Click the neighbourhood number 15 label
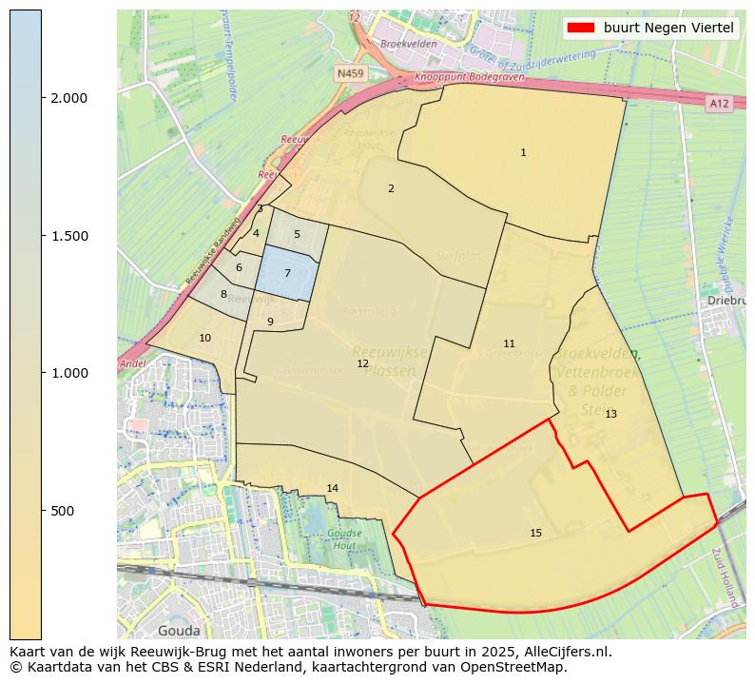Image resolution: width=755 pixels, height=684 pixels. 535,533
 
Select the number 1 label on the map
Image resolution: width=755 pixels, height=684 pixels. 523,152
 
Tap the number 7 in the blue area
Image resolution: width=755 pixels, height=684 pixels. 287,273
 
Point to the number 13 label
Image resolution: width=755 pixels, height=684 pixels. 610,414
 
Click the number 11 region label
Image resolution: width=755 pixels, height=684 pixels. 509,343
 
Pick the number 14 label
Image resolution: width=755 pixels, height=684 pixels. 332,488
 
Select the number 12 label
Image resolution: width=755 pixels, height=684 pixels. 362,363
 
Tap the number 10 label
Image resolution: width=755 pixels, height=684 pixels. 204,338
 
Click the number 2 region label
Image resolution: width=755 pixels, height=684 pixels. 391,188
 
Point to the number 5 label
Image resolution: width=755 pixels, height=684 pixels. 297,234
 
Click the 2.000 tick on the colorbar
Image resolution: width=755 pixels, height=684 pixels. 68,98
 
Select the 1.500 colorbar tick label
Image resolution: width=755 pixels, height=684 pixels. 68,236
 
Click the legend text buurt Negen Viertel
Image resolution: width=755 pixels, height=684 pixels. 668,28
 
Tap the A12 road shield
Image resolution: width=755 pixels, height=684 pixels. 719,103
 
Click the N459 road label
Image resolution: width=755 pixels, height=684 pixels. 350,72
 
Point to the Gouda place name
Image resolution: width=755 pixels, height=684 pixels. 178,631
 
